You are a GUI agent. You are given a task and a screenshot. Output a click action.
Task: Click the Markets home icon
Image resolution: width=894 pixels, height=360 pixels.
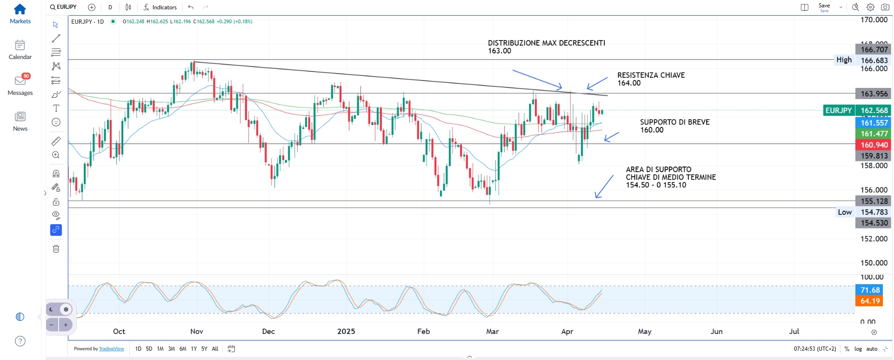coord(20,9)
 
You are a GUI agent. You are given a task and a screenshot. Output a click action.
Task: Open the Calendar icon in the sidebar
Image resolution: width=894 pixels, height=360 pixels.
coord(20,45)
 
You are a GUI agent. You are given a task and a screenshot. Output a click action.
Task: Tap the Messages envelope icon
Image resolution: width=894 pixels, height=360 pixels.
coord(20,81)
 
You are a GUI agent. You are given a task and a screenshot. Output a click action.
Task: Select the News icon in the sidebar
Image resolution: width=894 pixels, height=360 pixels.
coord(20,116)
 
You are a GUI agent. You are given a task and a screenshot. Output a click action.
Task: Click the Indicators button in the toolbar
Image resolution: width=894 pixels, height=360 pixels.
coord(160,7)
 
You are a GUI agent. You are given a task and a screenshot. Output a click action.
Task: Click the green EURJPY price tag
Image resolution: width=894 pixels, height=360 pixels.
coord(839,110)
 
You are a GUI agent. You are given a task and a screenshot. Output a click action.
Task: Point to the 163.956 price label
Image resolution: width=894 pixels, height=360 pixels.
coord(874,93)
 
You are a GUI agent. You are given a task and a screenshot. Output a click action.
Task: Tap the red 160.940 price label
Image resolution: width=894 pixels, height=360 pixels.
coord(874,145)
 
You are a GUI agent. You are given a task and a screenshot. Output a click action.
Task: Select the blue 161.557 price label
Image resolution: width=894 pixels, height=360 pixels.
coord(874,123)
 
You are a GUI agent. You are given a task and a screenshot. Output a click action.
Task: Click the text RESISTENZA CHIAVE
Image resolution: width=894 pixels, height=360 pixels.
coord(651,75)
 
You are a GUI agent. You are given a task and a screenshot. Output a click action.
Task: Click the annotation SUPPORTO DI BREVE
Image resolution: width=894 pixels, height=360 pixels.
coord(674,122)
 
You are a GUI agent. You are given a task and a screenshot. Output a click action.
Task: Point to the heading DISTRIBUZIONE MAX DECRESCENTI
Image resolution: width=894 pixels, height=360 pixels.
coord(546,43)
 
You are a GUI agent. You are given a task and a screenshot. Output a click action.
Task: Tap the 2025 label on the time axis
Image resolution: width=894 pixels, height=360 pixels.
coord(346,331)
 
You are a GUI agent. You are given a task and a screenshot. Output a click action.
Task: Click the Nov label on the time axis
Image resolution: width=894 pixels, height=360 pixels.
coord(197,331)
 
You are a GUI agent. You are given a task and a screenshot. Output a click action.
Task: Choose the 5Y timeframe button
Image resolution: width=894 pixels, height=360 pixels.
coord(204,349)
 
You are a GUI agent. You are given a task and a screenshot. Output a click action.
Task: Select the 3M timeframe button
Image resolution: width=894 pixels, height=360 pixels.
coord(172,349)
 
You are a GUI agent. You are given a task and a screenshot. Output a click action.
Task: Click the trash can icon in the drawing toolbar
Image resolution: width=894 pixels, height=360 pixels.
coord(56,249)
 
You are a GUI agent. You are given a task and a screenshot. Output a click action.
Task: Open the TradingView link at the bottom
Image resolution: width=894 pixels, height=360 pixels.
coord(112,349)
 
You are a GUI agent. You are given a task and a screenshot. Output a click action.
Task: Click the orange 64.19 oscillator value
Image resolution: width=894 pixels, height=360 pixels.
coord(869,301)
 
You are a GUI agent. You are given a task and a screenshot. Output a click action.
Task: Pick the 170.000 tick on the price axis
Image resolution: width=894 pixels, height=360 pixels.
coord(874,20)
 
